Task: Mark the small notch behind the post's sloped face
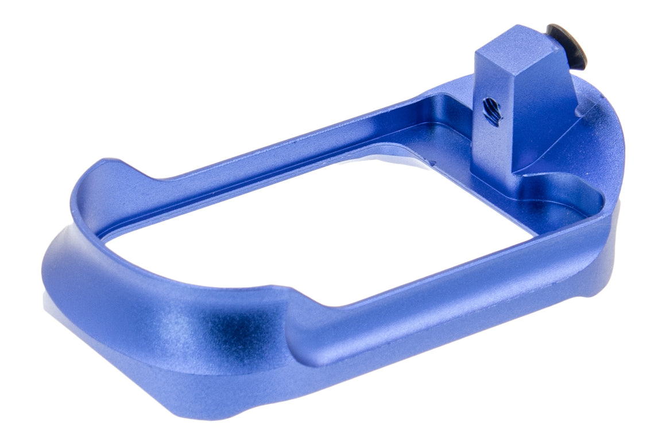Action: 586,109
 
